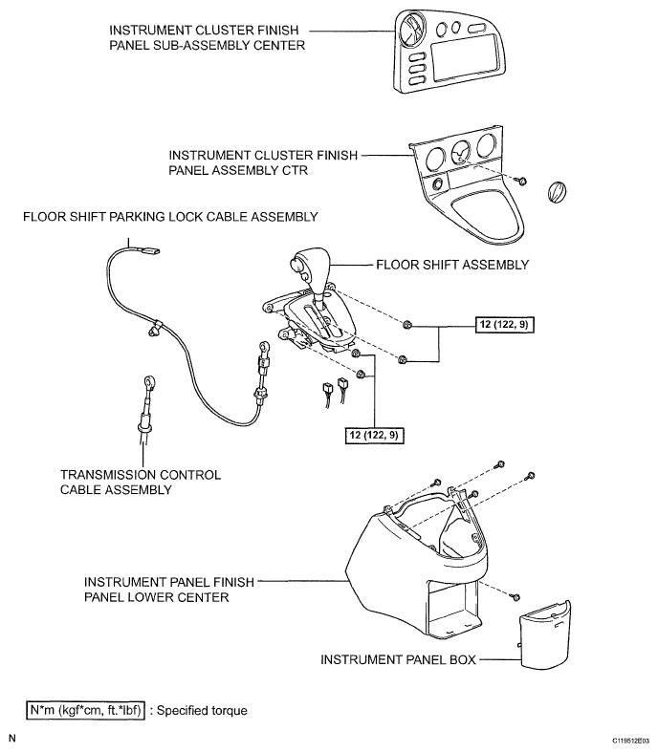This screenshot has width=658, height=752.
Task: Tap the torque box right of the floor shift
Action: click(x=503, y=325)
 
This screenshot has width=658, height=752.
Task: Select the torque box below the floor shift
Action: click(x=374, y=435)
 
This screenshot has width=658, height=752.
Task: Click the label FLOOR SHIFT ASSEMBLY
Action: click(x=452, y=265)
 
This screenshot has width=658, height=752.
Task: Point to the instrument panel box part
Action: click(x=545, y=634)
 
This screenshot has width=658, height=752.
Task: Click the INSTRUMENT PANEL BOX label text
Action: click(x=398, y=660)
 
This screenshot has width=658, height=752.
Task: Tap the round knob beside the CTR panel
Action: click(x=557, y=191)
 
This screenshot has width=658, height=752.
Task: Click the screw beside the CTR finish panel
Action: click(x=521, y=181)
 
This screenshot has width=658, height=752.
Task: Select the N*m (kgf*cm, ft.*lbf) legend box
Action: click(x=85, y=710)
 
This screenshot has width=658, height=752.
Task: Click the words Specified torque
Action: click(x=202, y=710)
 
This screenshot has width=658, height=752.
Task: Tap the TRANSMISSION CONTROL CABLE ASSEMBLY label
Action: click(x=141, y=482)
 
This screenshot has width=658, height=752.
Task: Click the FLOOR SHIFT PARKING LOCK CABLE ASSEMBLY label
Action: click(x=170, y=217)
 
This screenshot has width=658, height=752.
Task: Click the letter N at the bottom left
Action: click(x=12, y=739)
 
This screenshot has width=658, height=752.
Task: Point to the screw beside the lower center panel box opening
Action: click(x=515, y=597)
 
